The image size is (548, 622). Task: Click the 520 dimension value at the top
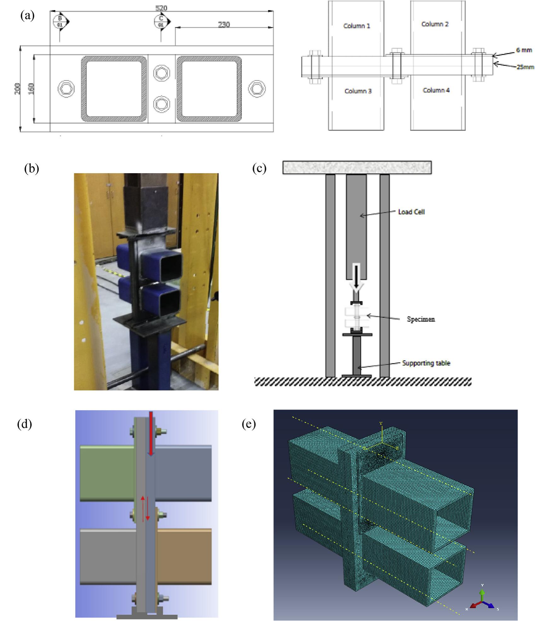pyautogui.click(x=161, y=8)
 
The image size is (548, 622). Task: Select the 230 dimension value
pyautogui.click(x=224, y=25)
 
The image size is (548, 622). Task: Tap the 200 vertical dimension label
pyautogui.click(x=18, y=88)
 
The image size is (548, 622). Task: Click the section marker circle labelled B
pyautogui.click(x=60, y=21)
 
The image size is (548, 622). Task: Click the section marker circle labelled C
pyautogui.click(x=161, y=21)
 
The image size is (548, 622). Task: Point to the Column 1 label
pyautogui.click(x=356, y=26)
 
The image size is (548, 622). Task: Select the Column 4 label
pyautogui.click(x=436, y=90)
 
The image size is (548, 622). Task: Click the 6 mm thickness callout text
pyautogui.click(x=524, y=50)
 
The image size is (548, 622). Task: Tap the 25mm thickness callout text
pyautogui.click(x=525, y=67)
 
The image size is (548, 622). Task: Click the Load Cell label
pyautogui.click(x=411, y=212)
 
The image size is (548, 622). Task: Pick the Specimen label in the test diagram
pyautogui.click(x=421, y=319)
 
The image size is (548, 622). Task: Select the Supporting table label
pyautogui.click(x=426, y=363)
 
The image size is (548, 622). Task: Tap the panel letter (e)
pyautogui.click(x=249, y=424)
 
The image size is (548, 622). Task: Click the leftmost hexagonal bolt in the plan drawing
pyautogui.click(x=66, y=89)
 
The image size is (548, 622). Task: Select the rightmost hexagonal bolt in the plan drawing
pyautogui.click(x=257, y=89)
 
